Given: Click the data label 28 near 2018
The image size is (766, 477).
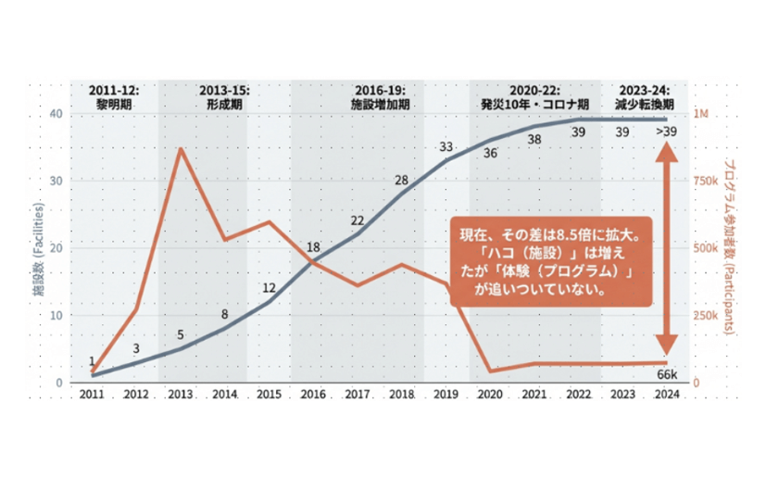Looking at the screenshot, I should (x=402, y=180).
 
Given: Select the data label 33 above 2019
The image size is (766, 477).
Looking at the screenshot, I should (x=446, y=147).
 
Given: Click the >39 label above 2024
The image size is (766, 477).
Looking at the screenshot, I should (x=665, y=132).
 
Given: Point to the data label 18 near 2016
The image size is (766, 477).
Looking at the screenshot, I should (x=313, y=247).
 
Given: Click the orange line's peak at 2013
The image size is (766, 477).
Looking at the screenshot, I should (x=180, y=148).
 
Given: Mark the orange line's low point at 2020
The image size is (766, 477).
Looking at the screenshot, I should (x=490, y=371).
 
